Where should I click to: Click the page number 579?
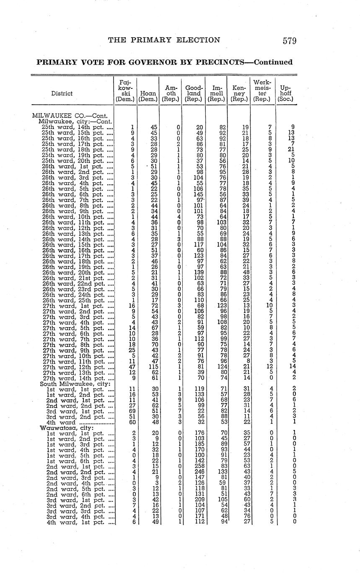pyautogui.click(x=289, y=41)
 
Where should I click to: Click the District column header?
pyautogui.click(x=62, y=93)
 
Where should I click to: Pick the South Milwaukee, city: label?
pyautogui.click(x=75, y=384)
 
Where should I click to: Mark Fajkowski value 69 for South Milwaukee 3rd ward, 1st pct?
pyautogui.click(x=132, y=411)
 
